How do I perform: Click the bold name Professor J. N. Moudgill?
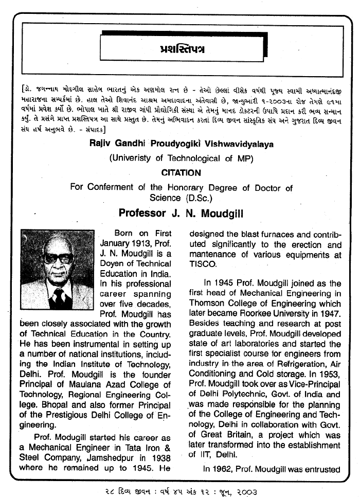pyautogui.click(x=179, y=212)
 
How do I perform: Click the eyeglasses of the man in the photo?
pyautogui.click(x=58, y=258)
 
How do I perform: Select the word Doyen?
pyautogui.click(x=113, y=264)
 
